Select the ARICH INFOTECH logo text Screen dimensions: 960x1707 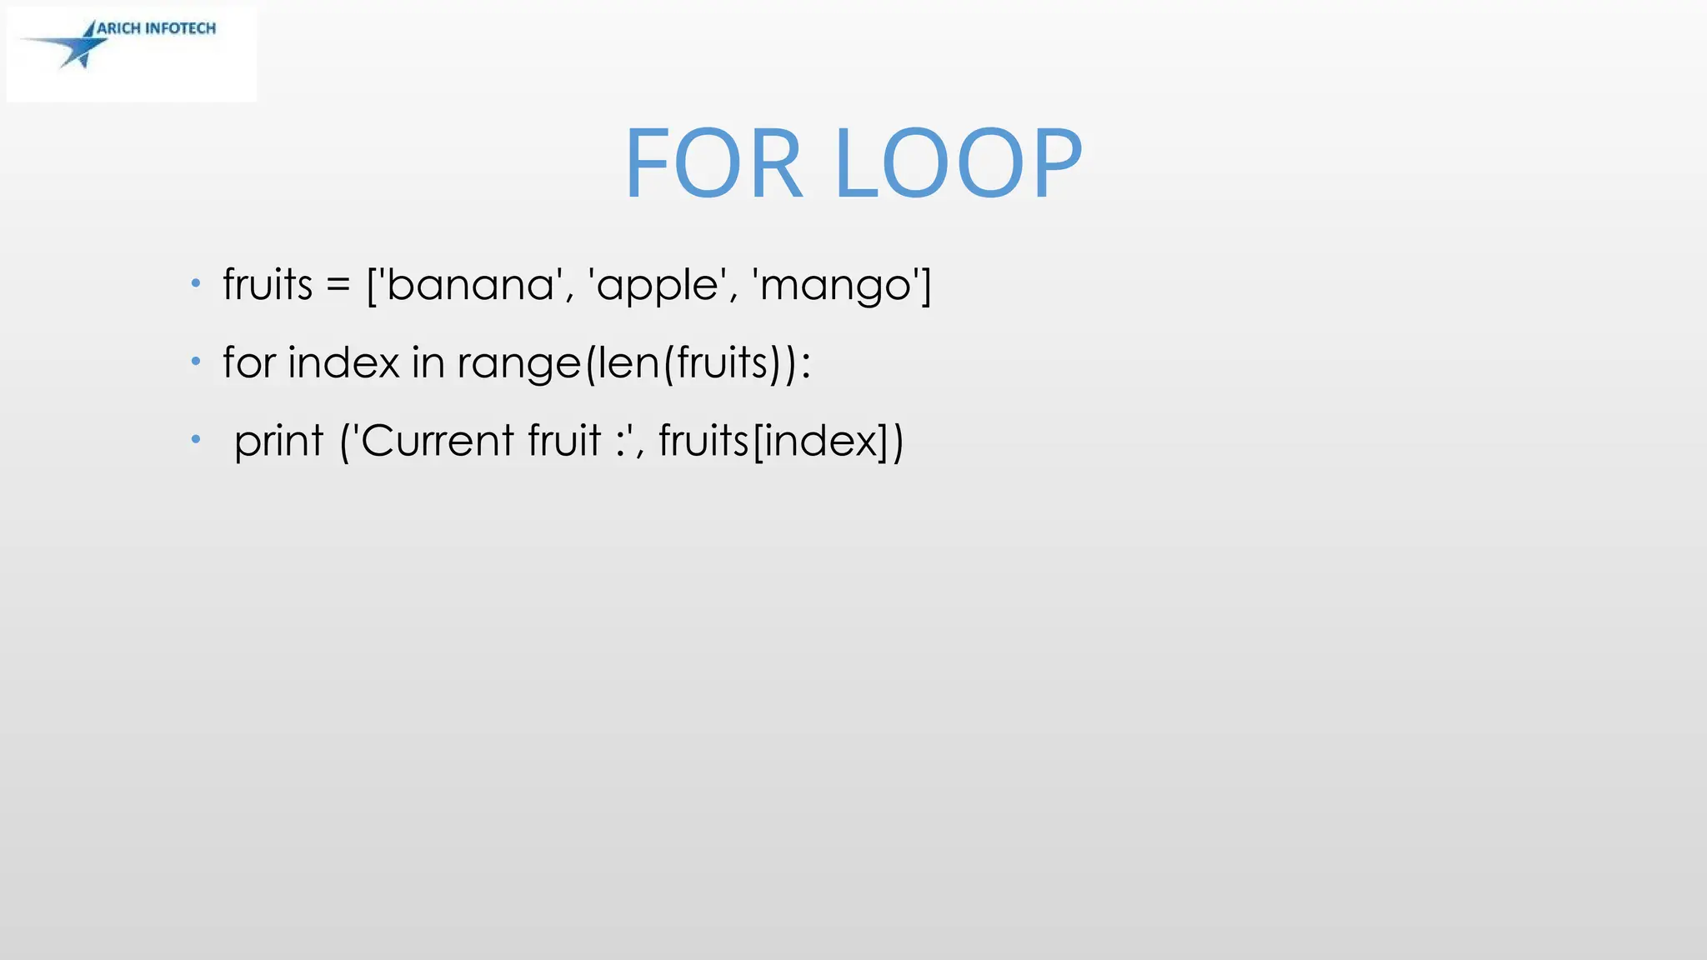pos(156,28)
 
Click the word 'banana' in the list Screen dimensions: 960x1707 pos(471,285)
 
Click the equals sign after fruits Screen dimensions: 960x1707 pos(338,286)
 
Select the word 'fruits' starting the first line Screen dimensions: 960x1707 pos(267,284)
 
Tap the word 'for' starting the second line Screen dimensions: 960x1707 pos(249,362)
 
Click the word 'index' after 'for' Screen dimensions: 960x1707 pos(343,362)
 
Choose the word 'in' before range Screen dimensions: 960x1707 pos(428,362)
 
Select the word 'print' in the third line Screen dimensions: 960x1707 pos(278,442)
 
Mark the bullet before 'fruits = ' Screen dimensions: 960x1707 pos(196,283)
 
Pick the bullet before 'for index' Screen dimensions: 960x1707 pos(196,361)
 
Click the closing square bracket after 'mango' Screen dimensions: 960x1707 pos(925,286)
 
